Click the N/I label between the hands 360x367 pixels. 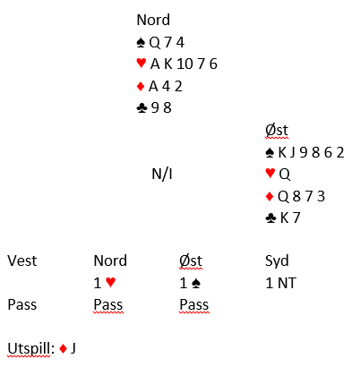[162, 174]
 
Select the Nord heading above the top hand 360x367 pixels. [153, 20]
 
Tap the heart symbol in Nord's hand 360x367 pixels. [141, 63]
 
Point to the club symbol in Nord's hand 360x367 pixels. [141, 108]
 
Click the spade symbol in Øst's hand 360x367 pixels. [270, 153]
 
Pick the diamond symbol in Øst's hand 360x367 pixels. [270, 196]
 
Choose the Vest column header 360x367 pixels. [22, 260]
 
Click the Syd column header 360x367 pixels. [277, 261]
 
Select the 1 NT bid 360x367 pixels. [280, 283]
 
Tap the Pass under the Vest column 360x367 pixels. [22, 304]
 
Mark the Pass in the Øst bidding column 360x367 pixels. [194, 304]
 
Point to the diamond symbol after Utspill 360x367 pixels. [63, 348]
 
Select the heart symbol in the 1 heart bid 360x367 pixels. [111, 282]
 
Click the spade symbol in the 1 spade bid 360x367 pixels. [196, 283]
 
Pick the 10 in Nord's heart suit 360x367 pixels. [184, 64]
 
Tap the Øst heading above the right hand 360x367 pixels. [277, 130]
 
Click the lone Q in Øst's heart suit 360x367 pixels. [285, 175]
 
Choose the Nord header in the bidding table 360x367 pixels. [110, 260]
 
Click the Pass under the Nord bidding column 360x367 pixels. [108, 304]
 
